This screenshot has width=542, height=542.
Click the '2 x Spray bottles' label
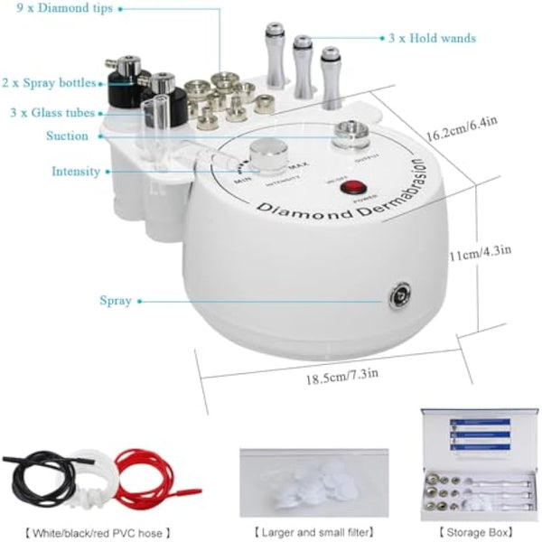[49, 83]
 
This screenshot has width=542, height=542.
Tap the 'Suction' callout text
[68, 136]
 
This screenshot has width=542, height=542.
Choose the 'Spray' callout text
[116, 300]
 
